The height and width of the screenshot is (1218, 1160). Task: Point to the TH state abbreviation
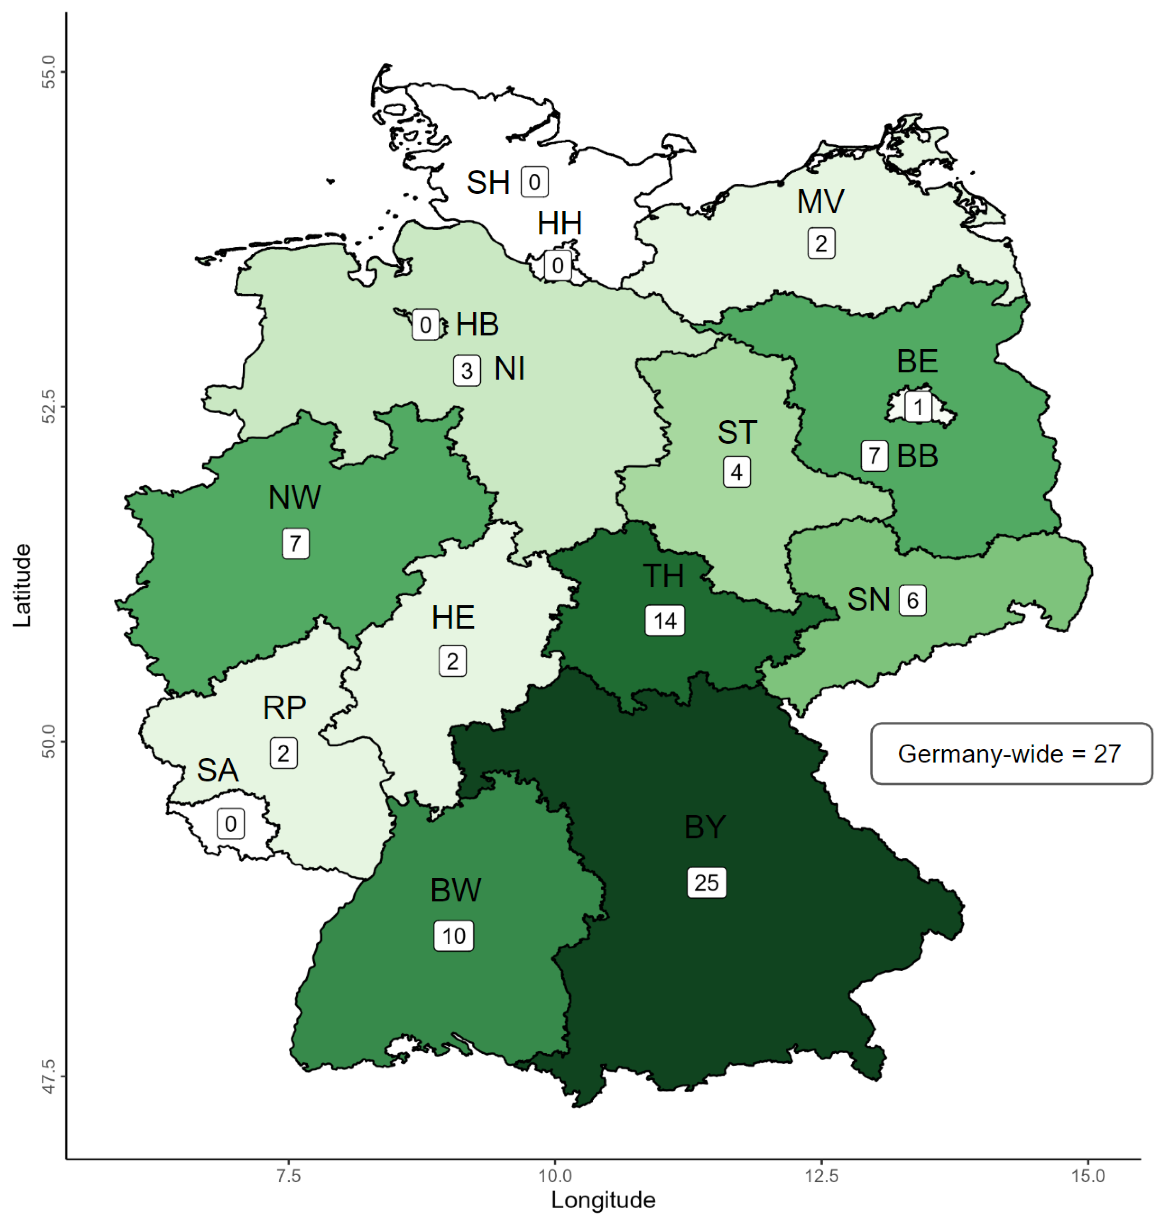pos(664,576)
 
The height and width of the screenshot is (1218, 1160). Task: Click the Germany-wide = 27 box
pos(1011,754)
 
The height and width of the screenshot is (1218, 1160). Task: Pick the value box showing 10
pos(454,935)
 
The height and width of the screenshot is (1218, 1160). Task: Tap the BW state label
pos(456,890)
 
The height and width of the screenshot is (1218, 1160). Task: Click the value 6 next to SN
pos(912,600)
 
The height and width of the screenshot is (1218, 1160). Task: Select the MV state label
pos(820,201)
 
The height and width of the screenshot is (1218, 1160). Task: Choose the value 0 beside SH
pos(534,183)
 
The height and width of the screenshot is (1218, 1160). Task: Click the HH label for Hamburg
pos(560,224)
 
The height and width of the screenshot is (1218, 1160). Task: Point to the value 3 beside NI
pos(467,371)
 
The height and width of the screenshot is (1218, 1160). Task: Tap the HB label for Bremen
pos(477,325)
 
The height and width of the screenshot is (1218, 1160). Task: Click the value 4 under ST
pos(737,472)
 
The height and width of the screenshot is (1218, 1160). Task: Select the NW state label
pos(295,498)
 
